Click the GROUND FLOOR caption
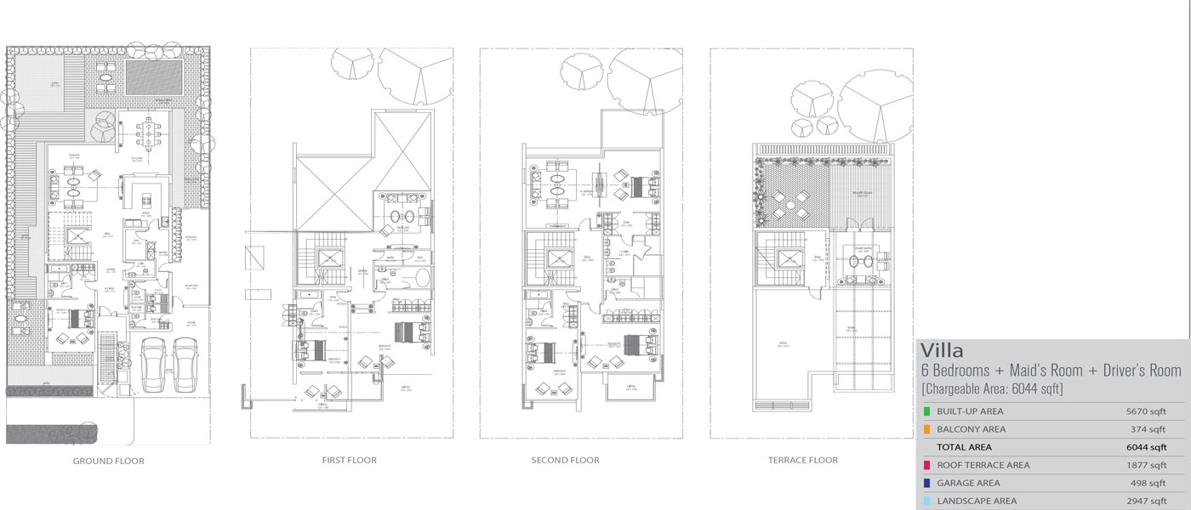coord(108,461)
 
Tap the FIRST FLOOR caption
coord(350,460)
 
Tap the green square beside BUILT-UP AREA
coord(926,412)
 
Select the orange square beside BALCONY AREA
coord(926,430)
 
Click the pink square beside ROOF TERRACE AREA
coord(926,466)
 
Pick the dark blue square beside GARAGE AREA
coord(926,484)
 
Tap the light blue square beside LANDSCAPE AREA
coord(926,501)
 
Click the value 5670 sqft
coord(1145,412)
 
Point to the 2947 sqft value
coord(1145,501)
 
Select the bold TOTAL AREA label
coord(964,447)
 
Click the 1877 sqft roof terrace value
coord(1145,466)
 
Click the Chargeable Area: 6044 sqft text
coord(992,388)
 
